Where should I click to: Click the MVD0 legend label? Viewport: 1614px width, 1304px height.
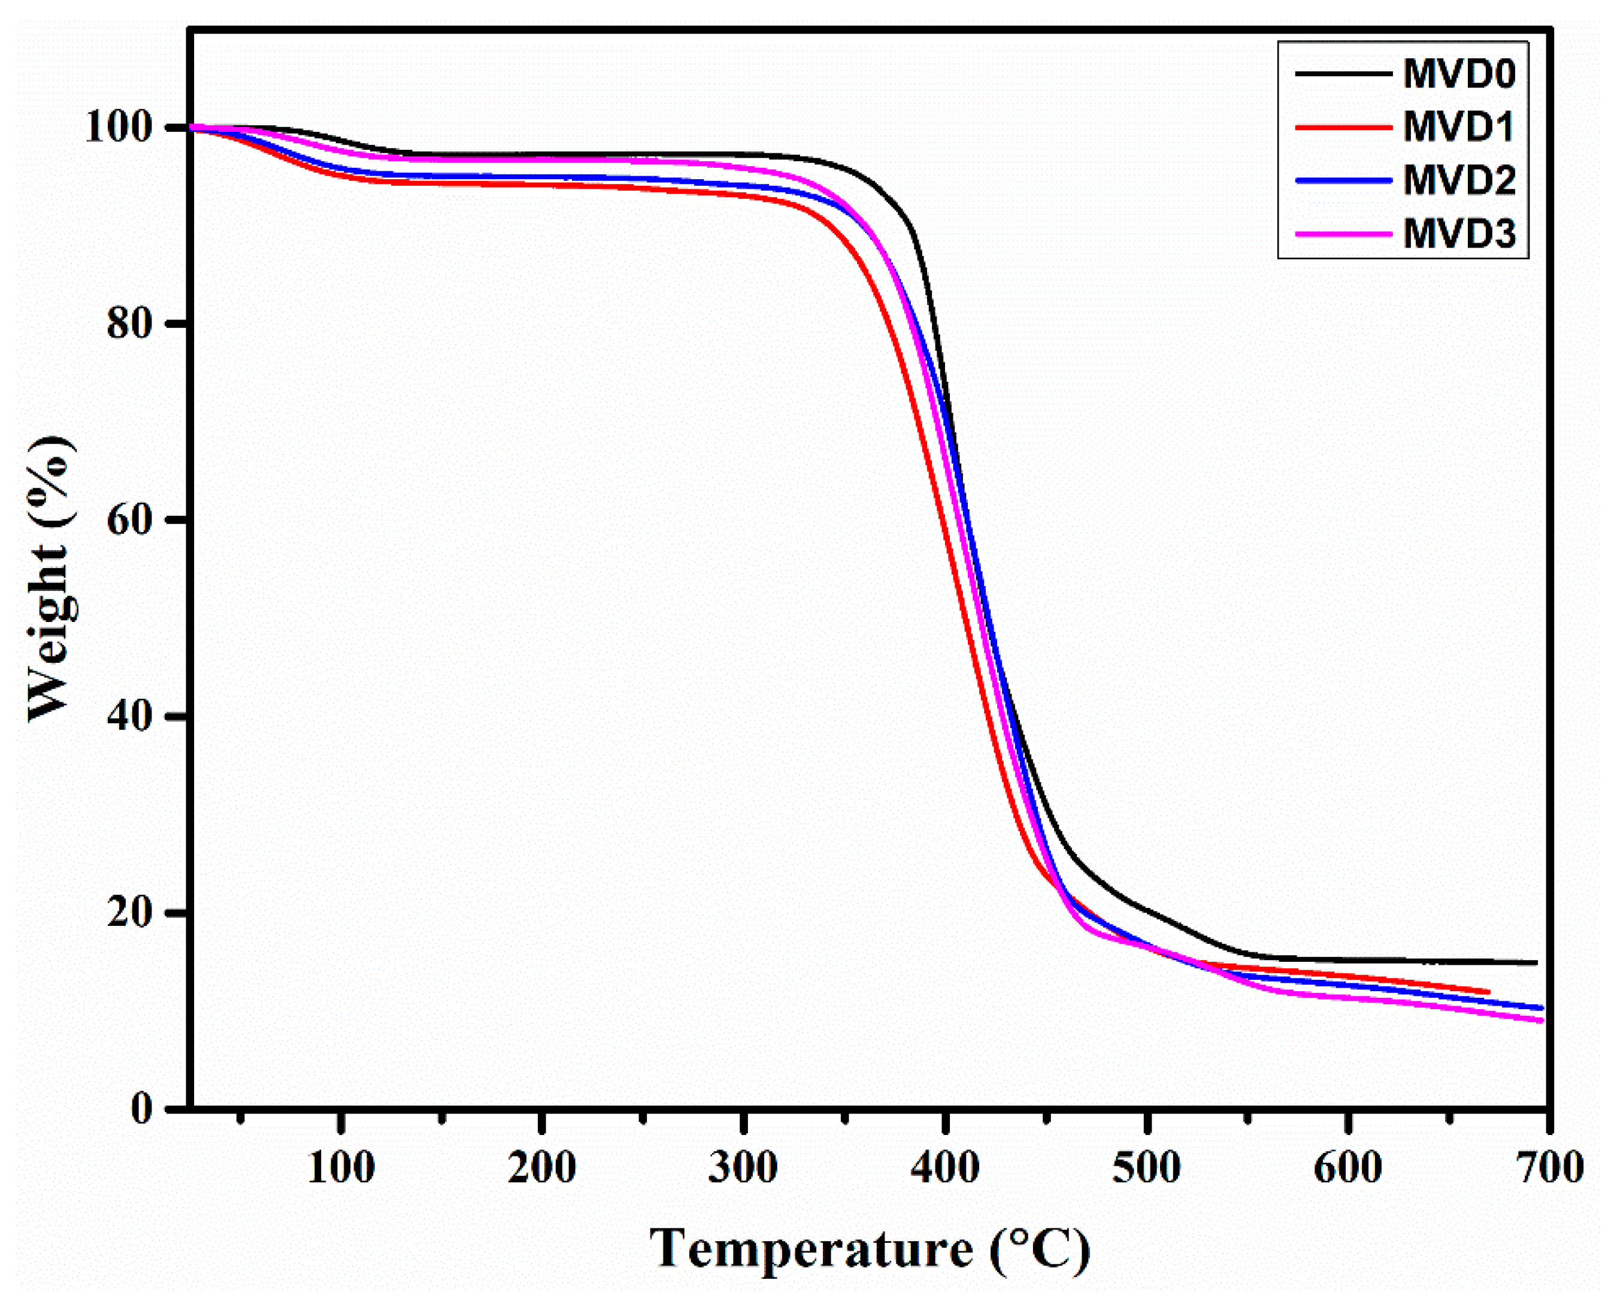[1459, 74]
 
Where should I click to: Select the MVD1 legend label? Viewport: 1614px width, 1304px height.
[1459, 127]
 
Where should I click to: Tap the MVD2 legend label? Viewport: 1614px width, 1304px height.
[1459, 180]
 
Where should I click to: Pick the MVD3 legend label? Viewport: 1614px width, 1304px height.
[1459, 234]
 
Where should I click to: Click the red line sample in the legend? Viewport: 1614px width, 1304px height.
[1342, 127]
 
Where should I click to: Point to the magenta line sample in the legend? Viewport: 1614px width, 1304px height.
[1342, 234]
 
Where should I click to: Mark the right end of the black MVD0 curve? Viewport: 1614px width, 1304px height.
[1537, 962]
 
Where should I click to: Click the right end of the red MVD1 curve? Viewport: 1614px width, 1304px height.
[1488, 992]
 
